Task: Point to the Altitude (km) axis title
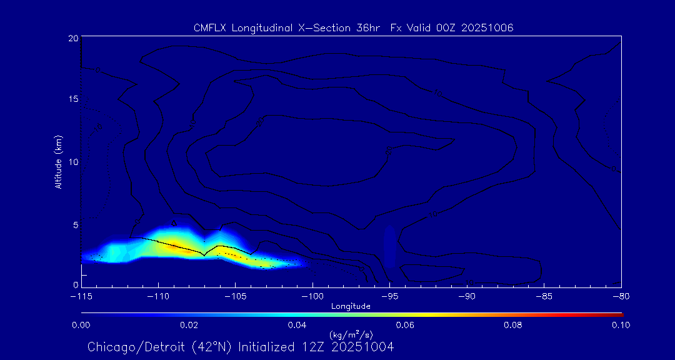(58, 162)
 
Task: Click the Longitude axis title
(351, 306)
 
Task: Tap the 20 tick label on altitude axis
(72, 39)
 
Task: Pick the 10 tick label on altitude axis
(72, 162)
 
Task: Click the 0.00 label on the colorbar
(81, 325)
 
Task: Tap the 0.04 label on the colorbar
(297, 325)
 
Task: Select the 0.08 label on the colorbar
(512, 325)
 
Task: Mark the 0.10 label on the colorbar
(621, 325)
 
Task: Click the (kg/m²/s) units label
(351, 335)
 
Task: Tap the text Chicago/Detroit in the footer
(129, 347)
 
